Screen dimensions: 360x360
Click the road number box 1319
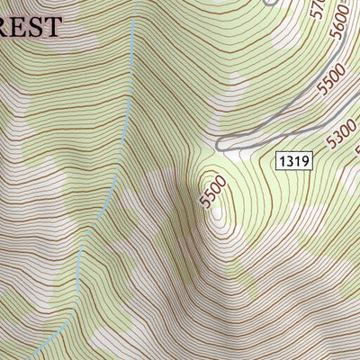(x=293, y=161)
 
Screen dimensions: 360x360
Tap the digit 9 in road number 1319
(x=305, y=161)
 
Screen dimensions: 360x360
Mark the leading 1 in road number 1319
(x=282, y=161)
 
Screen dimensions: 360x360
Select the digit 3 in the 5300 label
(x=338, y=139)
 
